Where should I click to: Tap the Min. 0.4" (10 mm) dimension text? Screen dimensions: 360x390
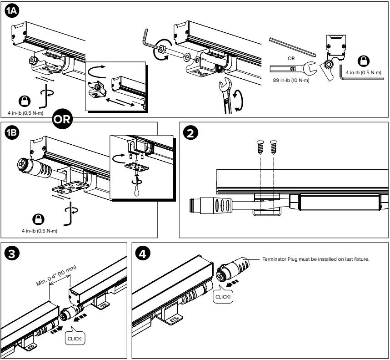point(57,275)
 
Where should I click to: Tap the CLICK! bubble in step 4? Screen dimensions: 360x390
point(223,297)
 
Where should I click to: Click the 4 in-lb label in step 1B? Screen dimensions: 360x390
point(39,231)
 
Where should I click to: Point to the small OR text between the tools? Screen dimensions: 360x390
point(291,58)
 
